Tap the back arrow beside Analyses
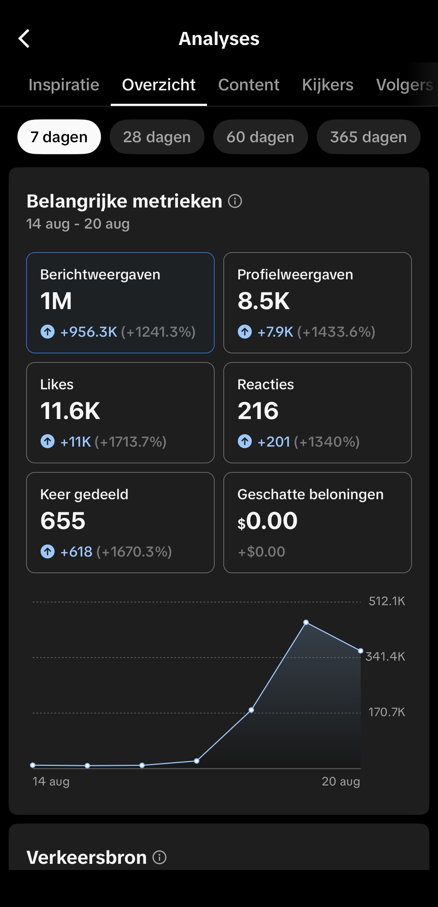[x=24, y=38]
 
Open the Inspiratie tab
[x=64, y=85]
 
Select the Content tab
[x=249, y=85]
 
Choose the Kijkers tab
[x=328, y=85]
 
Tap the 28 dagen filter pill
[x=157, y=137]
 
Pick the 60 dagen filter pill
[x=260, y=137]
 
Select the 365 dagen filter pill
[x=368, y=137]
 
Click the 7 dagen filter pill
[x=59, y=137]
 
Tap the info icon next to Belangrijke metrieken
[x=235, y=201]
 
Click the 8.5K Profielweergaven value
[x=264, y=301]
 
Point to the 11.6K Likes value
[x=70, y=411]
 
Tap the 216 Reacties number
[x=258, y=411]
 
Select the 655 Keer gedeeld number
[x=63, y=521]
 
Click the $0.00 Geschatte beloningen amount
[x=267, y=521]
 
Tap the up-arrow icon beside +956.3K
[x=48, y=332]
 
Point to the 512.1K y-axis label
[x=387, y=601]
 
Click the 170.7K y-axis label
[x=387, y=712]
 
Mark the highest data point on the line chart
[x=306, y=623]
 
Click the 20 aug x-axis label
[x=341, y=781]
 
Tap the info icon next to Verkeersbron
[x=159, y=857]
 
